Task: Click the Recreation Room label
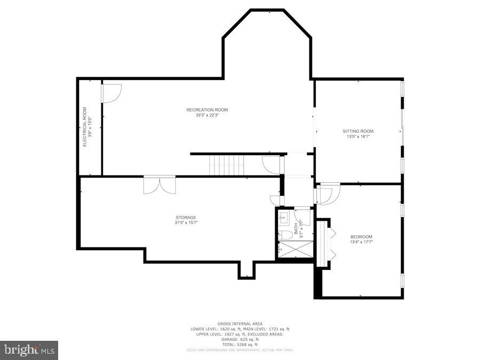point(207,110)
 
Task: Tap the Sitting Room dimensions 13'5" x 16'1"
point(358,137)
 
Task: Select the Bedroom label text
point(361,237)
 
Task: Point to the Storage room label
point(186,217)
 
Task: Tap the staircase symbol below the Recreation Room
point(226,165)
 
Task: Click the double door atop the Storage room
point(159,185)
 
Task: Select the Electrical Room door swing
point(112,93)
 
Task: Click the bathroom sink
point(284,218)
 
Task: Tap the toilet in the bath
point(286,235)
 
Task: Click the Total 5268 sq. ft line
point(239,345)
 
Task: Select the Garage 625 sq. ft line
point(239,339)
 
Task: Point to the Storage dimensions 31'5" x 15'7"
point(186,222)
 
